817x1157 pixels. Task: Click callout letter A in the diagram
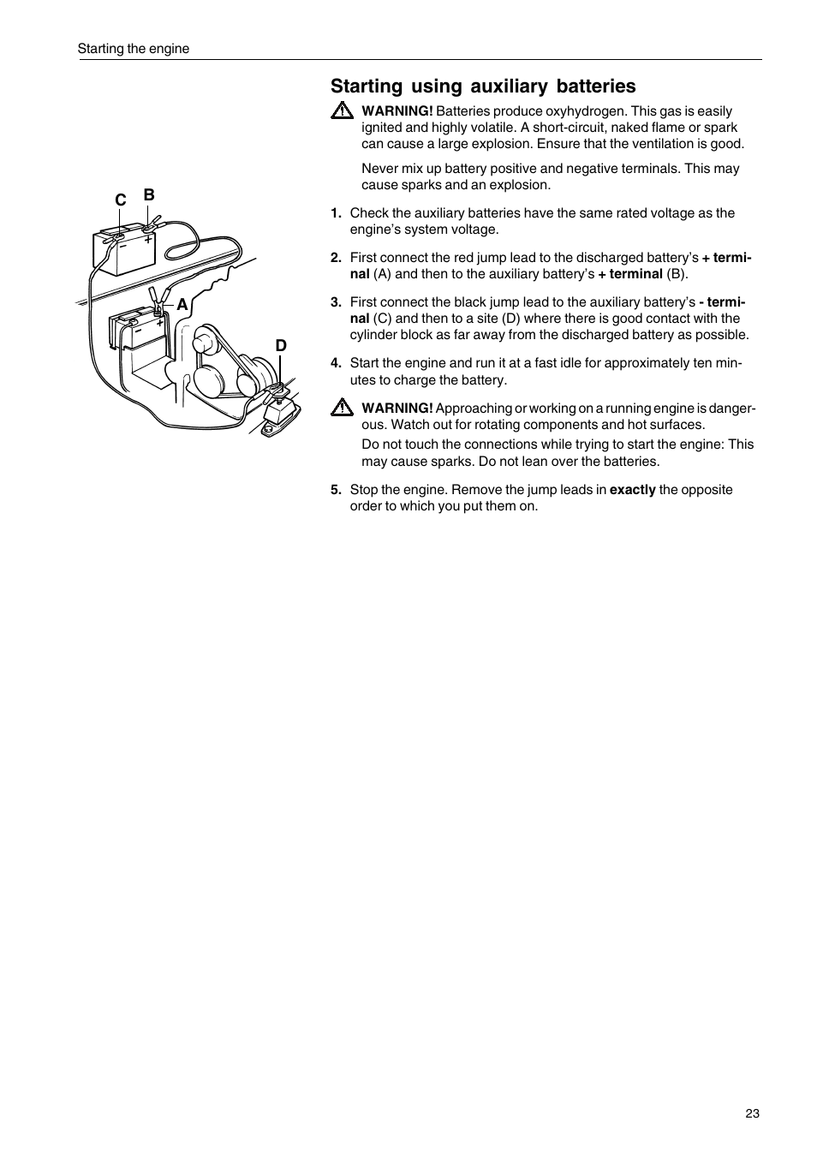182,305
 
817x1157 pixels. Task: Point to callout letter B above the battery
148,195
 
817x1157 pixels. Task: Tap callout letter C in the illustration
121,200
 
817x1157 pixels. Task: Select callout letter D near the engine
280,345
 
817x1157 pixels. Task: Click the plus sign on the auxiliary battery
147,241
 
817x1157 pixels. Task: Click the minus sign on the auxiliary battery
122,243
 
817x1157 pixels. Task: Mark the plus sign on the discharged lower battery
159,323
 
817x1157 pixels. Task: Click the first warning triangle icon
342,111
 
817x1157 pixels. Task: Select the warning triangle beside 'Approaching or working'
342,409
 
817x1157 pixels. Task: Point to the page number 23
752,1113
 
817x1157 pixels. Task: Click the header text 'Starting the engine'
134,49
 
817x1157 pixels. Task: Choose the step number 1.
336,213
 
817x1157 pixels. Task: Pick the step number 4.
336,363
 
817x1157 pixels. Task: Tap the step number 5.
336,490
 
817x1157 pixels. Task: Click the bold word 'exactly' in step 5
632,490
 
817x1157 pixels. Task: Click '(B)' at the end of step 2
677,274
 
